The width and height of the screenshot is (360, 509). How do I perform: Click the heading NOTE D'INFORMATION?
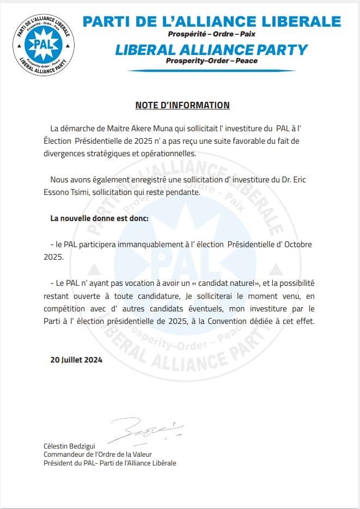click(x=182, y=106)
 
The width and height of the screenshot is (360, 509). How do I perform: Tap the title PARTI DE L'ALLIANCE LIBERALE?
click(x=211, y=22)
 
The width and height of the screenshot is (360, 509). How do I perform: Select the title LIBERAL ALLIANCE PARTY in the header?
click(x=212, y=50)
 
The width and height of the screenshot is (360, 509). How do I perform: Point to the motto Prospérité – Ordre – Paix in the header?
click(x=212, y=34)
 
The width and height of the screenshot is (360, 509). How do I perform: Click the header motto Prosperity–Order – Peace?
click(x=212, y=61)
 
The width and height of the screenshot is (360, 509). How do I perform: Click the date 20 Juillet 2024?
click(x=76, y=360)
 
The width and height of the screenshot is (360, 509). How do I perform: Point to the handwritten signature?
click(x=145, y=430)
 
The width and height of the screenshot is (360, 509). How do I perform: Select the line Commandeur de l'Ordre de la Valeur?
click(x=97, y=455)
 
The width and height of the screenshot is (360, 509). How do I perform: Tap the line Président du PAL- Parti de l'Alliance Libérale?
click(x=110, y=463)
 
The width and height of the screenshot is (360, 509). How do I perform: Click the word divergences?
click(x=71, y=153)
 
